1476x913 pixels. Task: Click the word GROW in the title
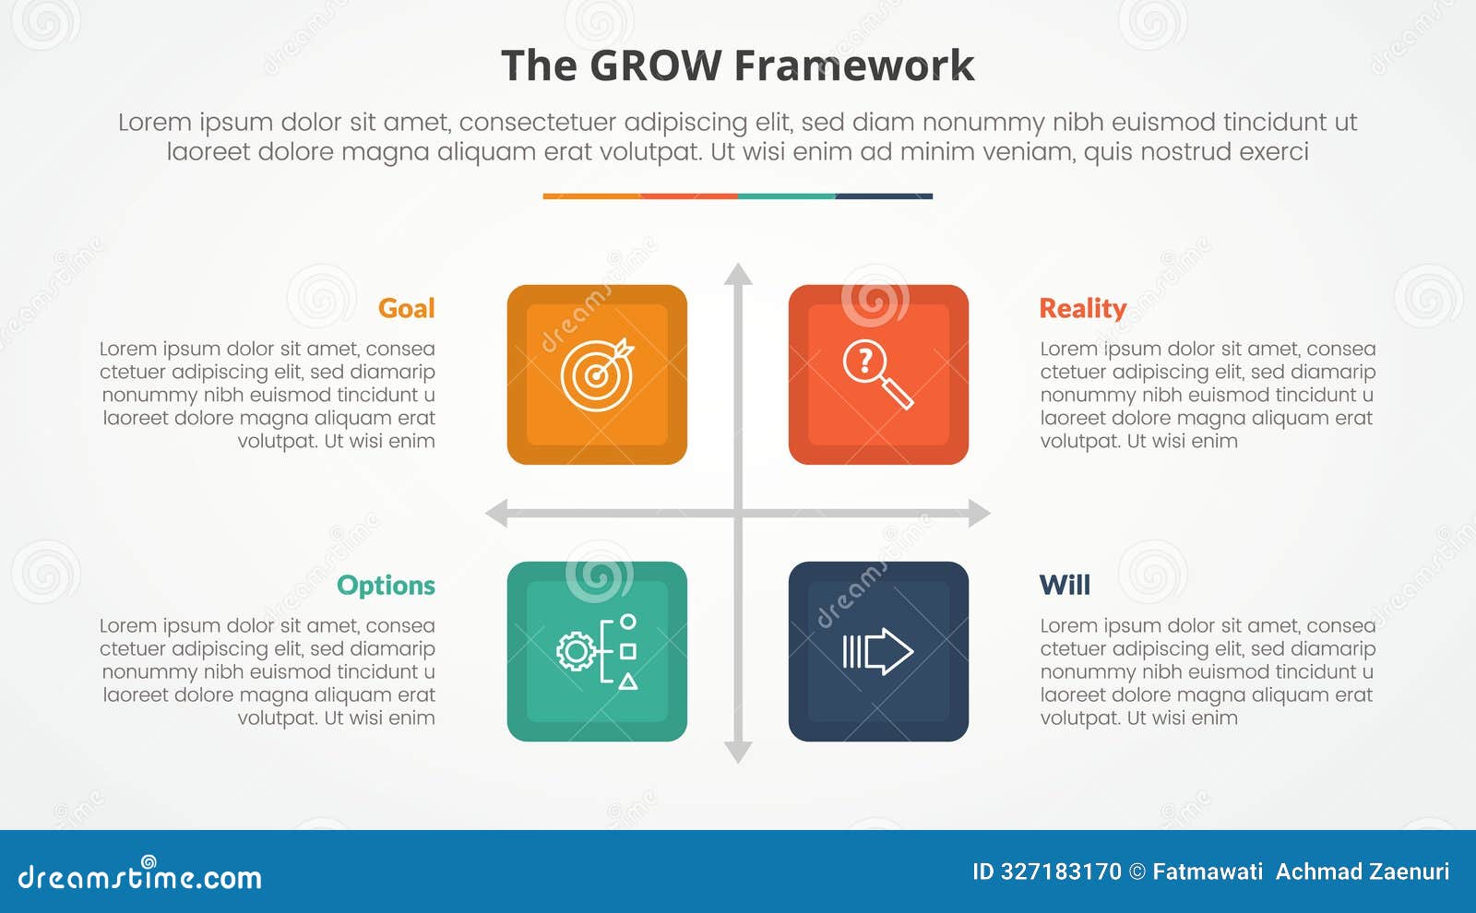coord(655,66)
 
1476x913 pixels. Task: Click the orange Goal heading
coord(406,308)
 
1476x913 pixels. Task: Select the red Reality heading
coord(1082,308)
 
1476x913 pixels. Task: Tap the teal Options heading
coord(386,585)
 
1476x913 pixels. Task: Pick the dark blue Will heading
coord(1065,585)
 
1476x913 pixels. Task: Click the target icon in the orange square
coord(598,374)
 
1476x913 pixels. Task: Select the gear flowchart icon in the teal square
coord(598,651)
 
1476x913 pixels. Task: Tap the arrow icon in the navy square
coord(877,651)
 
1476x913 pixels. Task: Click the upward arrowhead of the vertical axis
coord(738,274)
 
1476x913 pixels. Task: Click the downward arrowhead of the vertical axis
coord(738,752)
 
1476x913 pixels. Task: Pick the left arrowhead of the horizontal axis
coord(497,513)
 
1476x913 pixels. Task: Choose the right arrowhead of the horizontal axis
coord(979,513)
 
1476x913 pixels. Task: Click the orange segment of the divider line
coord(591,196)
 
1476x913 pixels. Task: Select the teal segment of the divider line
coord(786,196)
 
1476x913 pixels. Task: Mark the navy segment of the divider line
coord(884,196)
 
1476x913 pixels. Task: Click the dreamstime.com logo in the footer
coord(140,876)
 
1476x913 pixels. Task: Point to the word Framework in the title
coord(854,66)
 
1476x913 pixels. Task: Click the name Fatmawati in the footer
coord(1208,871)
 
